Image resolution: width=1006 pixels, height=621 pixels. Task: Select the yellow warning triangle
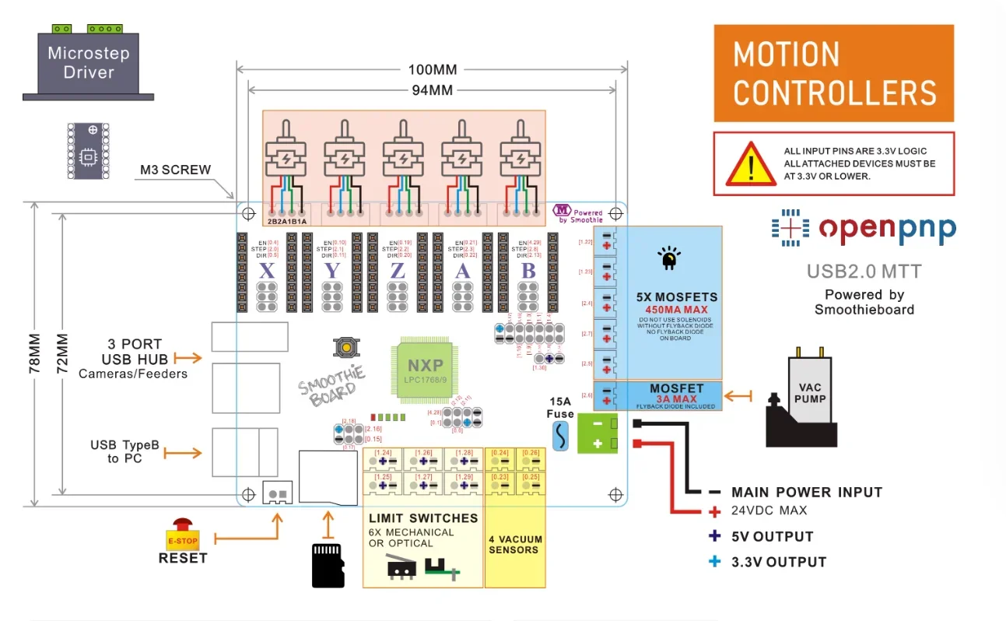pos(750,164)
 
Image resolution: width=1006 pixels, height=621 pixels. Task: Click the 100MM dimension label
pos(433,69)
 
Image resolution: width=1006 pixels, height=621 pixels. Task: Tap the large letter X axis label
pos(267,270)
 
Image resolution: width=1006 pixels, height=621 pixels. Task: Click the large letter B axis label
pos(528,270)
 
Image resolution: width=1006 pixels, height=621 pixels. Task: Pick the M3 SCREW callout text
pos(175,170)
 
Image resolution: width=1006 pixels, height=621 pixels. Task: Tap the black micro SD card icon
pos(328,565)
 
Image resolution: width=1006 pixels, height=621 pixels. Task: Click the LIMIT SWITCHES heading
pos(423,517)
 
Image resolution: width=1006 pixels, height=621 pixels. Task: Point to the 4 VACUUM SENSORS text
pos(514,544)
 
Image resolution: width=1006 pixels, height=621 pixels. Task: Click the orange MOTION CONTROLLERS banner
pos(833,74)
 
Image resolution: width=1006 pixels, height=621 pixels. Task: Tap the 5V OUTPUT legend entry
pos(772,536)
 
